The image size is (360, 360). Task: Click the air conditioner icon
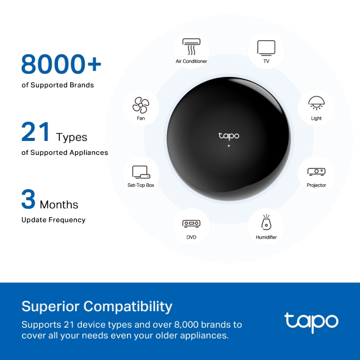192,47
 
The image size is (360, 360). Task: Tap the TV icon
266,47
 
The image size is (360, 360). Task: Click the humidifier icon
266,222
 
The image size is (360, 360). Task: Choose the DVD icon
191,223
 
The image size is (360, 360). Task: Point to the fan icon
141,105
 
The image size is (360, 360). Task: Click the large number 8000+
61,64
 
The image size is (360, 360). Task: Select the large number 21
36,132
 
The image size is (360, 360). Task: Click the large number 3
28,200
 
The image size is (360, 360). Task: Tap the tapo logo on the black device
229,135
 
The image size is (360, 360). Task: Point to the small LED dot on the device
229,146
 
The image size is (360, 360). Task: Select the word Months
59,204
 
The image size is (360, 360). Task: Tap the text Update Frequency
53,220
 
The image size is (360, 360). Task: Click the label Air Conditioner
192,62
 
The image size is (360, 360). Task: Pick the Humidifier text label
266,237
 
